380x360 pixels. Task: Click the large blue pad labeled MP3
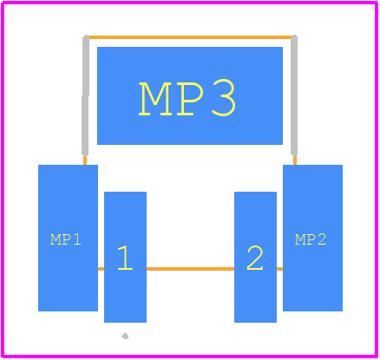click(190, 95)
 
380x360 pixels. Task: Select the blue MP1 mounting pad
click(68, 238)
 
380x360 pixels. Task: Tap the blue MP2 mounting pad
click(312, 238)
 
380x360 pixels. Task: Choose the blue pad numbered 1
click(125, 257)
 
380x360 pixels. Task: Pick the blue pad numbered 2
click(255, 257)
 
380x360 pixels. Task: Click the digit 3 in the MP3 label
click(223, 99)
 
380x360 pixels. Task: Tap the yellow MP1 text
click(66, 239)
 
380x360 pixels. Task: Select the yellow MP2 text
click(311, 239)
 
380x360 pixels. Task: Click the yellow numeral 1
click(125, 258)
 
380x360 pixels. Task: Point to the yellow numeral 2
click(255, 258)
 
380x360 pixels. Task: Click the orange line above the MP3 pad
click(190, 37)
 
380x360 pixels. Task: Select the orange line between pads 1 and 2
click(190, 269)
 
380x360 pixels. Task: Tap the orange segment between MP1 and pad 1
click(101, 269)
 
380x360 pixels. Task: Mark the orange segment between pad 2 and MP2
click(279, 269)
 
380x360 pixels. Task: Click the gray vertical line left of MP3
click(85, 95)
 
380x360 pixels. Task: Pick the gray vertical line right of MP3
click(294, 95)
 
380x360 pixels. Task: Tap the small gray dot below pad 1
click(125, 336)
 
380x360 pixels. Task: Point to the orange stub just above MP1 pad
click(85, 160)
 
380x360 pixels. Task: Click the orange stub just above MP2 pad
click(295, 160)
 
